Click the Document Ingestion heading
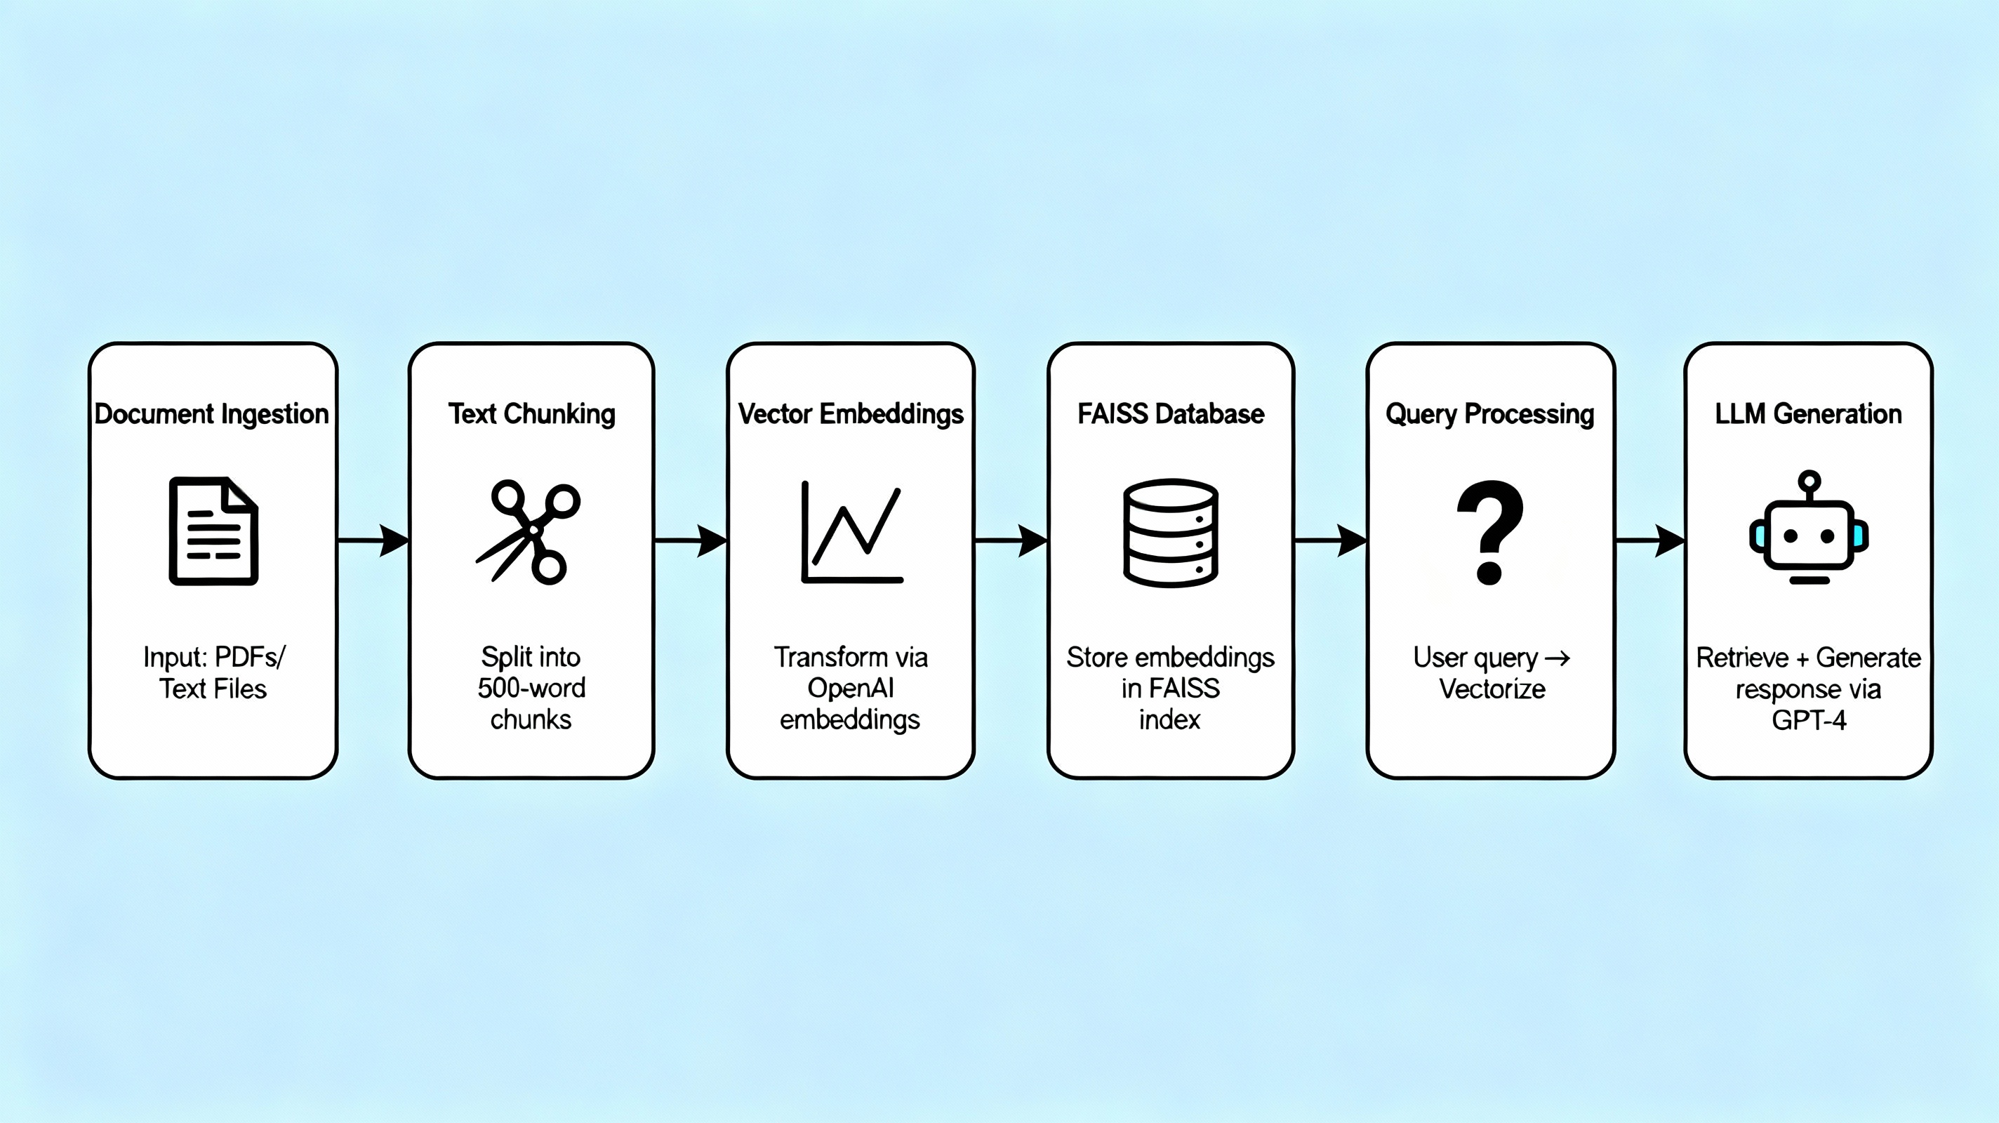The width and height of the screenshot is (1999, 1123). tap(212, 413)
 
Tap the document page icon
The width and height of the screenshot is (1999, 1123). tap(213, 531)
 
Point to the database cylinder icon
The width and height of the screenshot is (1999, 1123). tap(1170, 533)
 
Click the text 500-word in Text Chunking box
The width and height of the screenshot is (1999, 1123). tap(531, 689)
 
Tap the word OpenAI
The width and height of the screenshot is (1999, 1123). tap(851, 689)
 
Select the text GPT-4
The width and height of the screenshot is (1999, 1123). tap(1808, 720)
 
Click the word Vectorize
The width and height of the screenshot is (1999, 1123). tap(1492, 689)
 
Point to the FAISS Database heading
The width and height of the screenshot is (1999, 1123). tap(1170, 413)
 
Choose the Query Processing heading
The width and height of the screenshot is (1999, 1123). tap(1490, 413)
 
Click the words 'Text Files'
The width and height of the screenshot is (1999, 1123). tap(213, 689)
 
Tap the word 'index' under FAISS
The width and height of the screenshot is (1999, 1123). tap(1169, 720)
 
